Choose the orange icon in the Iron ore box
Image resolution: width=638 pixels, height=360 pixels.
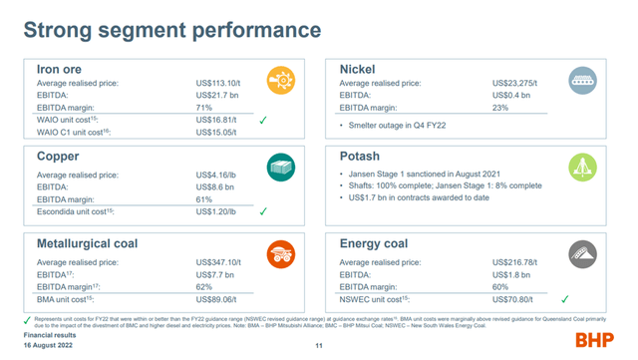coord(279,80)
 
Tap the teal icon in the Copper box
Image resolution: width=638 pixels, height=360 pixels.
coord(279,170)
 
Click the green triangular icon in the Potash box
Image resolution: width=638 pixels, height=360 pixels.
coord(582,168)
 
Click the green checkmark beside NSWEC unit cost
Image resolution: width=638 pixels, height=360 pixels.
coord(564,298)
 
